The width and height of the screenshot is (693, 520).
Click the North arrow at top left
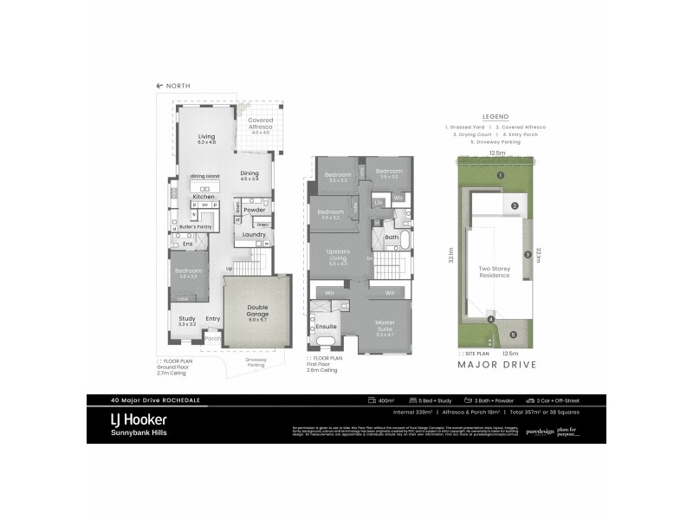[159, 86]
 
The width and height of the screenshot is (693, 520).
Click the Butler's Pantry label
[196, 224]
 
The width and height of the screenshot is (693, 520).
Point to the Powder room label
[255, 210]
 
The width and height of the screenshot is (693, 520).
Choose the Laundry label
[253, 234]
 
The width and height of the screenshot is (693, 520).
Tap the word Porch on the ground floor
[211, 339]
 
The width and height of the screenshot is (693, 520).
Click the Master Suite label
[385, 325]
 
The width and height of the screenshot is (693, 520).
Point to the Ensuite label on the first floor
[327, 327]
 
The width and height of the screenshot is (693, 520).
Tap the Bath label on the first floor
[392, 237]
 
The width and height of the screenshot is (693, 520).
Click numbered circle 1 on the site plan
[500, 175]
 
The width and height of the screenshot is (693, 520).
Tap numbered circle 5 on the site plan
[512, 335]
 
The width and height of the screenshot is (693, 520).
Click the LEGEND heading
[494, 116]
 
